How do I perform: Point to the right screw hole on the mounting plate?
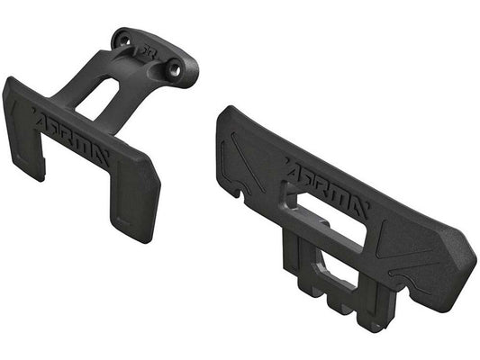177,67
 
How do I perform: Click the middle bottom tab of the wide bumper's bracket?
340,306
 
